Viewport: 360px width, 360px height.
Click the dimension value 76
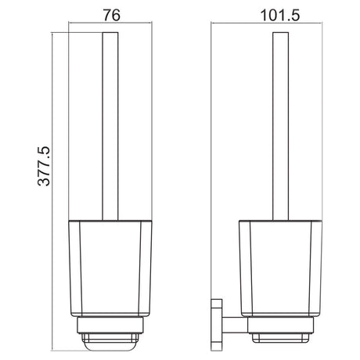112,15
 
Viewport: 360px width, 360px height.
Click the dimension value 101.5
280,15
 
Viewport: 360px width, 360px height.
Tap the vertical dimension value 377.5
44,166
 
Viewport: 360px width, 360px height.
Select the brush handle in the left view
110,126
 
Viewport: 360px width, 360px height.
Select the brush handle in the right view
281,126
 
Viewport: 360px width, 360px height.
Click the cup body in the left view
110,268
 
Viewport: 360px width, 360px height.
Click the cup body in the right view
280,268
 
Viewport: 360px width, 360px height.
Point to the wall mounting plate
217,325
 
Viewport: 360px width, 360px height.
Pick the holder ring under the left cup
110,325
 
